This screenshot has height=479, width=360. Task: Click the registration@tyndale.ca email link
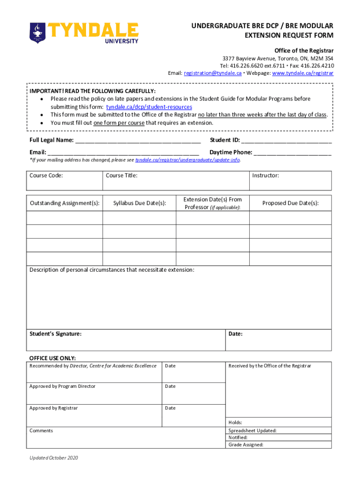212,73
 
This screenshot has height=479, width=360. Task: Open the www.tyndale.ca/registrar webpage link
302,73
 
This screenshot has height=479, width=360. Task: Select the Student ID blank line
286,141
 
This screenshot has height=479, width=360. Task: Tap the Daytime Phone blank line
293,153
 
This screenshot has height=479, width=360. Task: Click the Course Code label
46,176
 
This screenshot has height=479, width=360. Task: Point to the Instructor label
266,176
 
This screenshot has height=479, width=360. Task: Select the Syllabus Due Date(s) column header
140,203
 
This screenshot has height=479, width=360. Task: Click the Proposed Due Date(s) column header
290,203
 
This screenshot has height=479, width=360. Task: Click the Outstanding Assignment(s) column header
65,203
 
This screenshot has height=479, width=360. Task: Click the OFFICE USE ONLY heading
52,358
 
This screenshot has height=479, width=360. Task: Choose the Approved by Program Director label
62,386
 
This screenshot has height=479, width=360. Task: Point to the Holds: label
235,422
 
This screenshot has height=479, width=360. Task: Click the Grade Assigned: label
246,445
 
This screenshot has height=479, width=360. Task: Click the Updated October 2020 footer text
54,458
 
